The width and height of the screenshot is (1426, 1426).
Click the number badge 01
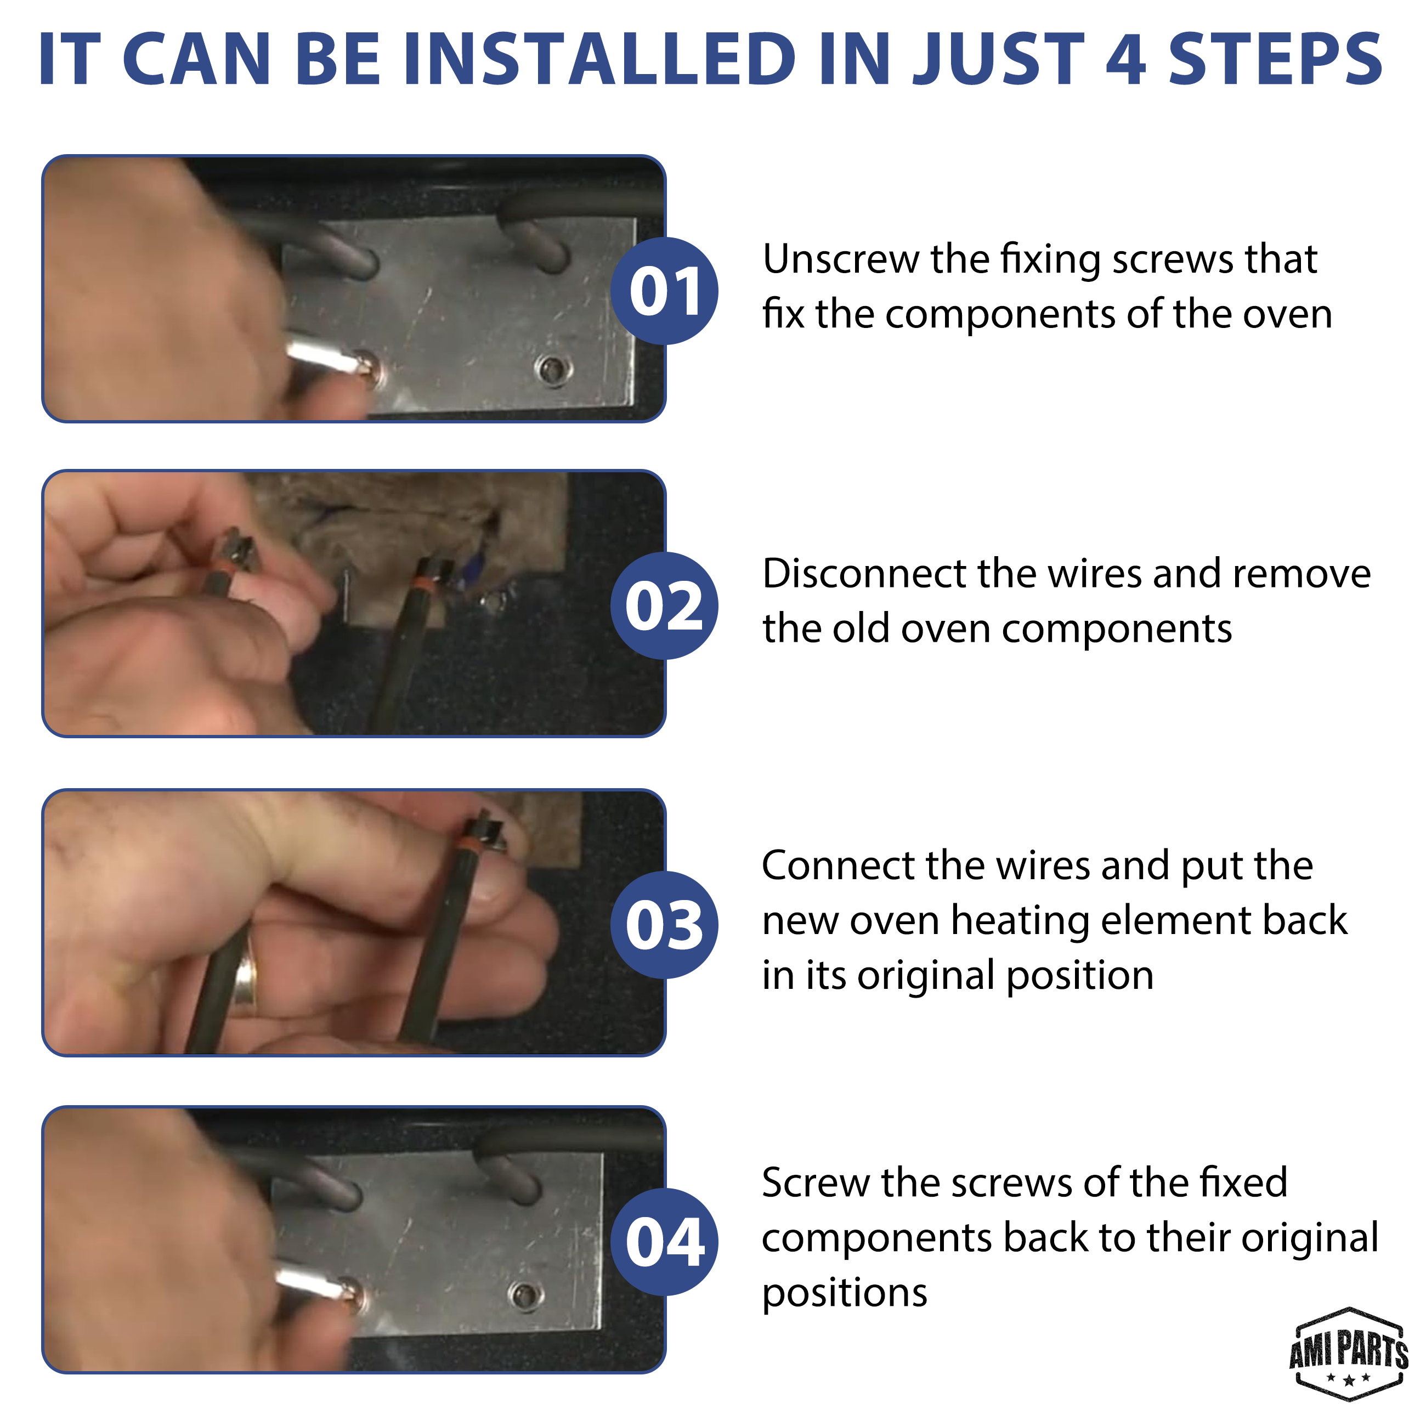664,291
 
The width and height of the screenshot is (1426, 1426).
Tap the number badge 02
664,606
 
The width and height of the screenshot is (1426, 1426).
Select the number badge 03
664,925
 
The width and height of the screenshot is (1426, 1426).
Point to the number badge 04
664,1242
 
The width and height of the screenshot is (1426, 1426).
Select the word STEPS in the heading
1275,59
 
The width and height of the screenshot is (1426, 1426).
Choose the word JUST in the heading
997,59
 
